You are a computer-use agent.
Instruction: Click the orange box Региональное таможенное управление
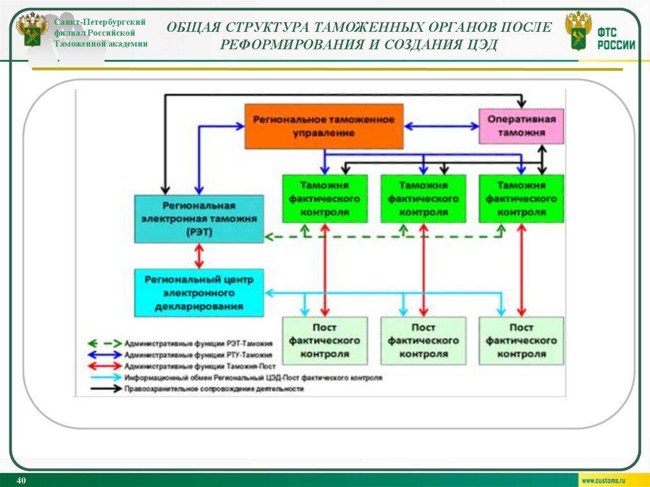pyautogui.click(x=324, y=126)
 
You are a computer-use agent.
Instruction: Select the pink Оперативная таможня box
pyautogui.click(x=521, y=126)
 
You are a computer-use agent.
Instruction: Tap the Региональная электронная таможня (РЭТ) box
pyautogui.click(x=199, y=219)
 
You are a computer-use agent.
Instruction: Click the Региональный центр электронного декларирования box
pyautogui.click(x=199, y=293)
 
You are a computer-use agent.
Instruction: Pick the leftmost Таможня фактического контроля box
pyautogui.click(x=324, y=199)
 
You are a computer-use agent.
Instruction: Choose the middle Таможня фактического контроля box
pyautogui.click(x=423, y=199)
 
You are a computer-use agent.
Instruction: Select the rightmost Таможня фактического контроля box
pyautogui.click(x=521, y=199)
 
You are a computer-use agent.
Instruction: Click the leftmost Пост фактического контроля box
pyautogui.click(x=324, y=341)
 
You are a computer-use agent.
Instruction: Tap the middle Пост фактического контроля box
pyautogui.click(x=423, y=341)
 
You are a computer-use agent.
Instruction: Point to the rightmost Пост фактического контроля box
pyautogui.click(x=521, y=341)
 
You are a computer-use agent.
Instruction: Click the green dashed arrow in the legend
pyautogui.click(x=103, y=343)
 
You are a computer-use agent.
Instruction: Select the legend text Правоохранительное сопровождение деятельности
pyautogui.click(x=214, y=389)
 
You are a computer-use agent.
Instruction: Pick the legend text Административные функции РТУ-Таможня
pyautogui.click(x=199, y=354)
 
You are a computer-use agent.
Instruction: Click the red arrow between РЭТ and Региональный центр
pyautogui.click(x=199, y=255)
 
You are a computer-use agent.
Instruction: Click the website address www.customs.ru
pyautogui.click(x=604, y=481)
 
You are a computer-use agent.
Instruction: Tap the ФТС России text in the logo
pyautogui.click(x=615, y=38)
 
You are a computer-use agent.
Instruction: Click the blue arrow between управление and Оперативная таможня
pyautogui.click(x=441, y=126)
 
